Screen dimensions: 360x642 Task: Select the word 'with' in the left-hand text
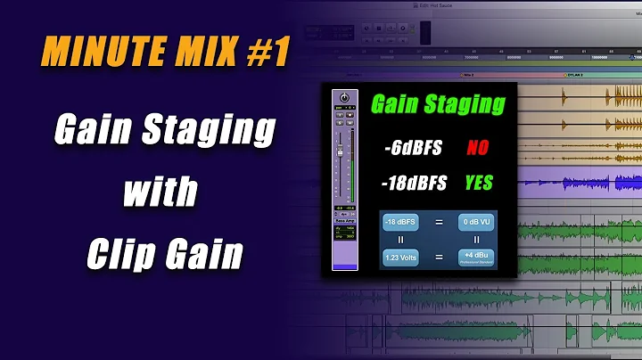pos(164,192)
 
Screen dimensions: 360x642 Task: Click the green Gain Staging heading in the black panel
pos(438,105)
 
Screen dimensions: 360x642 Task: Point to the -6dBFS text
pos(412,148)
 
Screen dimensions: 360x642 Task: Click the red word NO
pos(479,148)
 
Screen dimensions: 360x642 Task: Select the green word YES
pos(479,184)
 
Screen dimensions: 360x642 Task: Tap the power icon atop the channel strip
pos(343,98)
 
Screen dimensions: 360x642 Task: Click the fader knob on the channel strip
pos(339,146)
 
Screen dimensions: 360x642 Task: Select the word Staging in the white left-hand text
pos(209,131)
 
